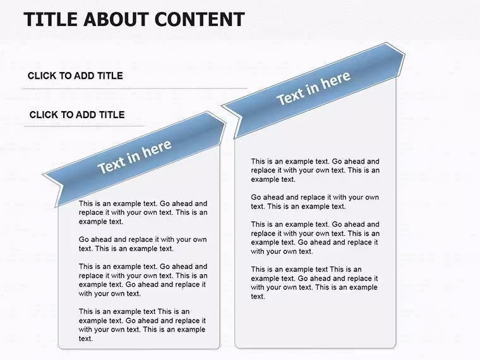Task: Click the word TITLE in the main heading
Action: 50,19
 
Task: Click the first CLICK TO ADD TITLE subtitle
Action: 75,76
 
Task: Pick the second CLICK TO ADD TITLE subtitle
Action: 77,114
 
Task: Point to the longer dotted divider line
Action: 135,88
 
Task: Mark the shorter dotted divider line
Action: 84,126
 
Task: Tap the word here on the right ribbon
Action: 336,80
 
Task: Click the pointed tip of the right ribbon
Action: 405,55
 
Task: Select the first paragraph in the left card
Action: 143,212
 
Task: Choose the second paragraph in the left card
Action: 143,244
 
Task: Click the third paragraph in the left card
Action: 143,280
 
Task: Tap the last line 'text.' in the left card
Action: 86,339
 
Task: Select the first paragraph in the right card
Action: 315,170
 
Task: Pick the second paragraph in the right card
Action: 315,201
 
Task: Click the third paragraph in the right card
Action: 315,237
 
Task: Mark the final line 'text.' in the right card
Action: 258,296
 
